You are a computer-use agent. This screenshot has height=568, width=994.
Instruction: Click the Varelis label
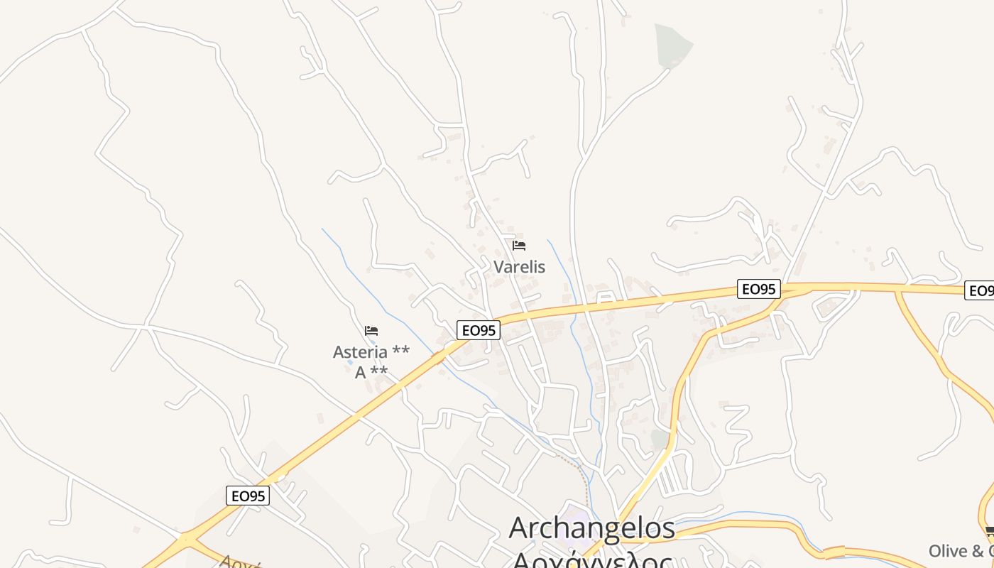[519, 267]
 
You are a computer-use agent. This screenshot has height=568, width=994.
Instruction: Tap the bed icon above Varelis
[519, 246]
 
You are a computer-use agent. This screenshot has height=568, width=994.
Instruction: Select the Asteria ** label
[371, 352]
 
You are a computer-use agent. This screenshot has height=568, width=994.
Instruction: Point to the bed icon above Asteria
[371, 330]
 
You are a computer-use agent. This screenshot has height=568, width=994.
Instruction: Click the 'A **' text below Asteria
[371, 372]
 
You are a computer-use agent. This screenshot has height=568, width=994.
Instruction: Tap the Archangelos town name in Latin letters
[592, 528]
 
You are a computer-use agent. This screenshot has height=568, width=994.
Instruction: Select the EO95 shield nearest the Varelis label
[479, 330]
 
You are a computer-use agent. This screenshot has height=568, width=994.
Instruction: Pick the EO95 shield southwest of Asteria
[248, 496]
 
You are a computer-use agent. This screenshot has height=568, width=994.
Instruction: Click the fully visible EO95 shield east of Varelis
[759, 289]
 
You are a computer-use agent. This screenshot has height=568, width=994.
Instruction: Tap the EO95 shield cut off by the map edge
[981, 290]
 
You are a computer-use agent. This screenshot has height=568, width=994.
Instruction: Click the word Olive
[948, 551]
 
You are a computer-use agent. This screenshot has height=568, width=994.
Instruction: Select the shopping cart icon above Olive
[990, 531]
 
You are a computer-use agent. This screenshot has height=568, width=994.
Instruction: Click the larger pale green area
[672, 45]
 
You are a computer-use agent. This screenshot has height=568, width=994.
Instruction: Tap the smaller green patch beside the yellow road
[660, 439]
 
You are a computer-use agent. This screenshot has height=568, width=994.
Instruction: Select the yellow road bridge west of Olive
[834, 552]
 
